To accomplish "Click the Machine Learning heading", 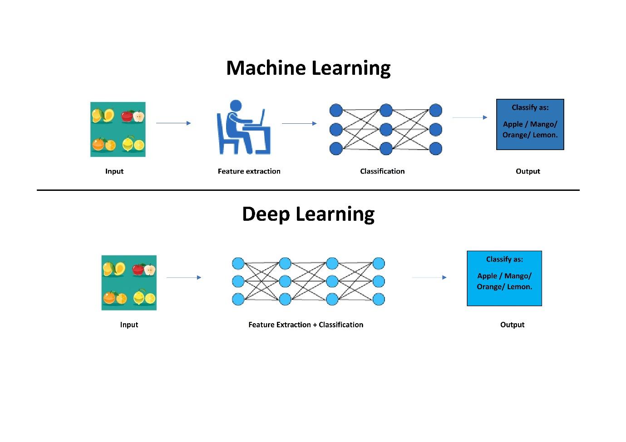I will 308,68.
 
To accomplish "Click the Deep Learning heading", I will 308,214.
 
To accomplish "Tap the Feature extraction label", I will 249,171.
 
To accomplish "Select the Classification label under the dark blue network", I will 382,171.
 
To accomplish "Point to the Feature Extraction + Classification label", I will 306,325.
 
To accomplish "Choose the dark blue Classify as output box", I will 530,125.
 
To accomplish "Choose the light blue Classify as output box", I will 504,278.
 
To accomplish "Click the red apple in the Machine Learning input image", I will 128,117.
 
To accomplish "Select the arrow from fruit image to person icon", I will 173,123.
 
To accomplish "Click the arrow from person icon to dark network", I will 299,123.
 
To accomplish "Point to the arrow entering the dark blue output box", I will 470,117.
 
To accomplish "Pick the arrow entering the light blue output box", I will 429,277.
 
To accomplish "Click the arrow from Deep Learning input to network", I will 184,277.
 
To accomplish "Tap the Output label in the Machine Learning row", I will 527,171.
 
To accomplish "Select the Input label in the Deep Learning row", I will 129,325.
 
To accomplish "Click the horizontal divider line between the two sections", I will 308,190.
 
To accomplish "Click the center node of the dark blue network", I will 386,130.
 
